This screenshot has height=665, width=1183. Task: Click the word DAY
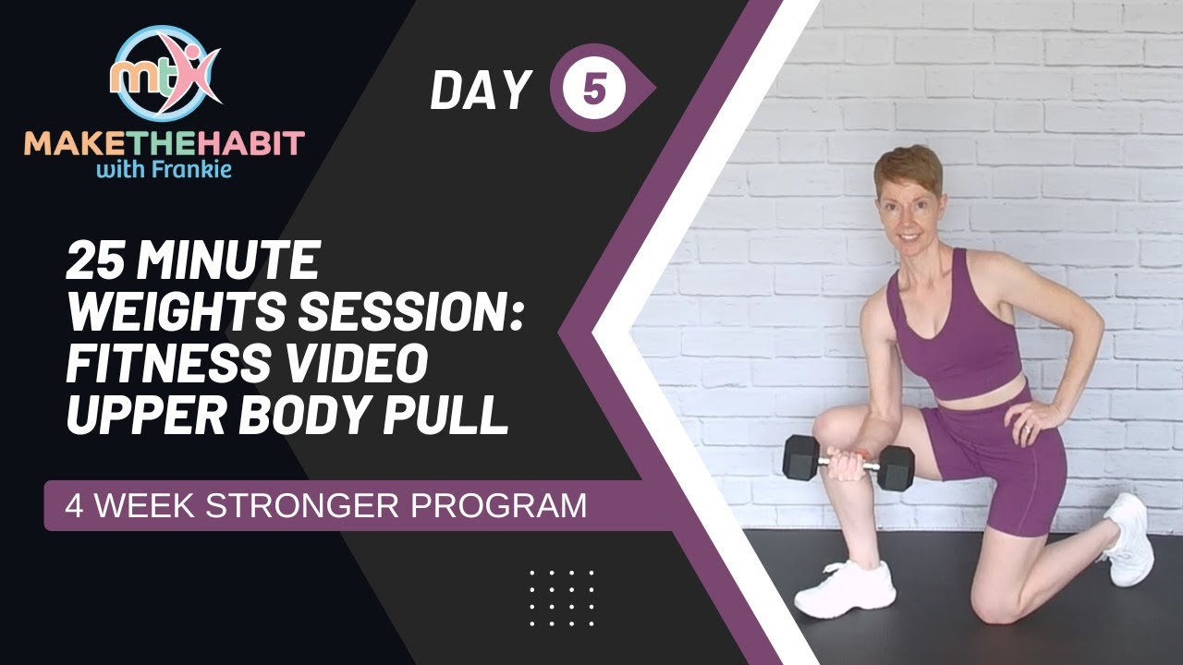[x=481, y=90]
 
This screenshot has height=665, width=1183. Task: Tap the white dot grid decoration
[x=562, y=598]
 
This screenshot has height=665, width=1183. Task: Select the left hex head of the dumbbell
[x=800, y=456]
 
